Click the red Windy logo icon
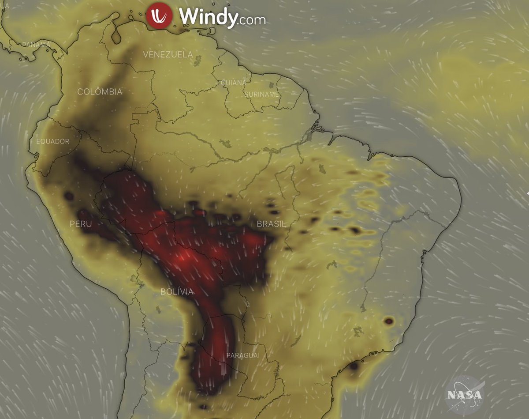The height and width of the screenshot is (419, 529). point(160,16)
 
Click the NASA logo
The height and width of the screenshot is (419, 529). point(465,394)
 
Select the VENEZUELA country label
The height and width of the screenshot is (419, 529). point(168,54)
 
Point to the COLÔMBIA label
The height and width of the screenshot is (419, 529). point(100,92)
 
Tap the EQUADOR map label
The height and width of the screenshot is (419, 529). point(53,141)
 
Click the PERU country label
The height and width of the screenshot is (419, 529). point(81,224)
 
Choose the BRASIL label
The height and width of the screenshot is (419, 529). point(271,224)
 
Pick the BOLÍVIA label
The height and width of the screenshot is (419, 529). point(177,291)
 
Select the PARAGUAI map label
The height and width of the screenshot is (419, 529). point(243,355)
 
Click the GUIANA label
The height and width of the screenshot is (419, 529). point(233,83)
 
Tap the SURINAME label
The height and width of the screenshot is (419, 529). point(262,94)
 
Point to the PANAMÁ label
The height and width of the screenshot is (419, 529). point(36,45)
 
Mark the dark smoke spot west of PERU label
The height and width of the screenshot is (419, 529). point(69,196)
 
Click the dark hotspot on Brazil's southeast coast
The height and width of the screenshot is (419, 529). point(388,321)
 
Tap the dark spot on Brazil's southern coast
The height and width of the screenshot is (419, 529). point(354,366)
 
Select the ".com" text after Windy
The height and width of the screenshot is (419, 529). point(252,20)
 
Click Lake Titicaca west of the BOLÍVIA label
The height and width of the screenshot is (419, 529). point(134,279)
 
